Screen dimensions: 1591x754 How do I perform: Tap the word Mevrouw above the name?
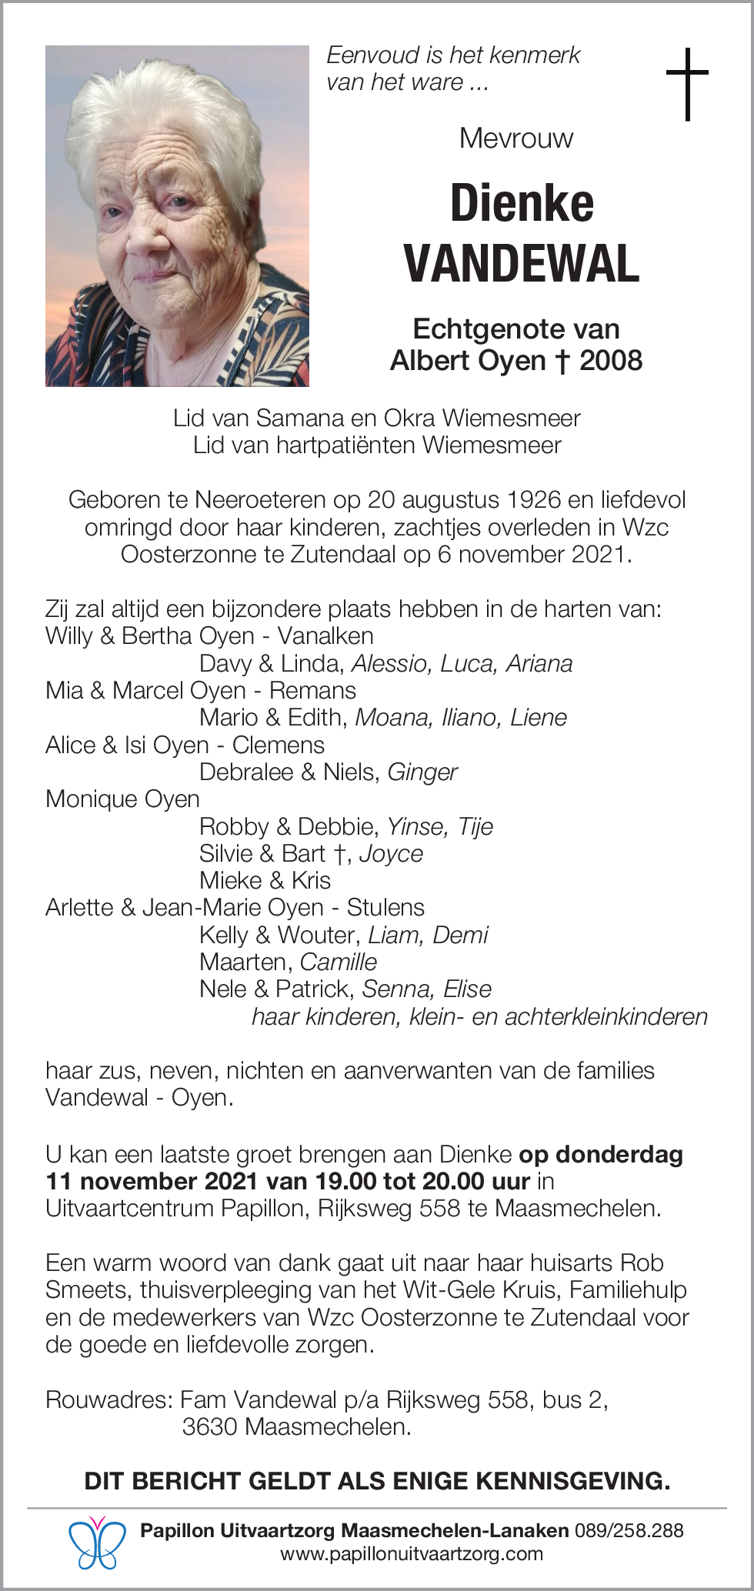point(515,138)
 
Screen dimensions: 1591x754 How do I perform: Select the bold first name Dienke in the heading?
point(522,204)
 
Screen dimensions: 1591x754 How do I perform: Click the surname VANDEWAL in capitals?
point(522,263)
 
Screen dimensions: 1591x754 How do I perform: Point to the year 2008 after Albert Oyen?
point(611,360)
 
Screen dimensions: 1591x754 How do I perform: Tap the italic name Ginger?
point(422,772)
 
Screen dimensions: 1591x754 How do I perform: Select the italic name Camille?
point(339,962)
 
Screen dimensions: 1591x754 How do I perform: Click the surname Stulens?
point(385,908)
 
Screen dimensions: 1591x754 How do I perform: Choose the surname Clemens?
point(279,745)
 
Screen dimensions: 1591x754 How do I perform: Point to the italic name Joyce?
point(391,853)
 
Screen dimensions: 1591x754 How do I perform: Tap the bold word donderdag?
point(619,1154)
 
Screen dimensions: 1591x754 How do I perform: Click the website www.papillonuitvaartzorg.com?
point(412,1554)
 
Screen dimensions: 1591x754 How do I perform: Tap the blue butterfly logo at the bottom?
point(97,1543)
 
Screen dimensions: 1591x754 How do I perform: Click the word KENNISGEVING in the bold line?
point(573,1481)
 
